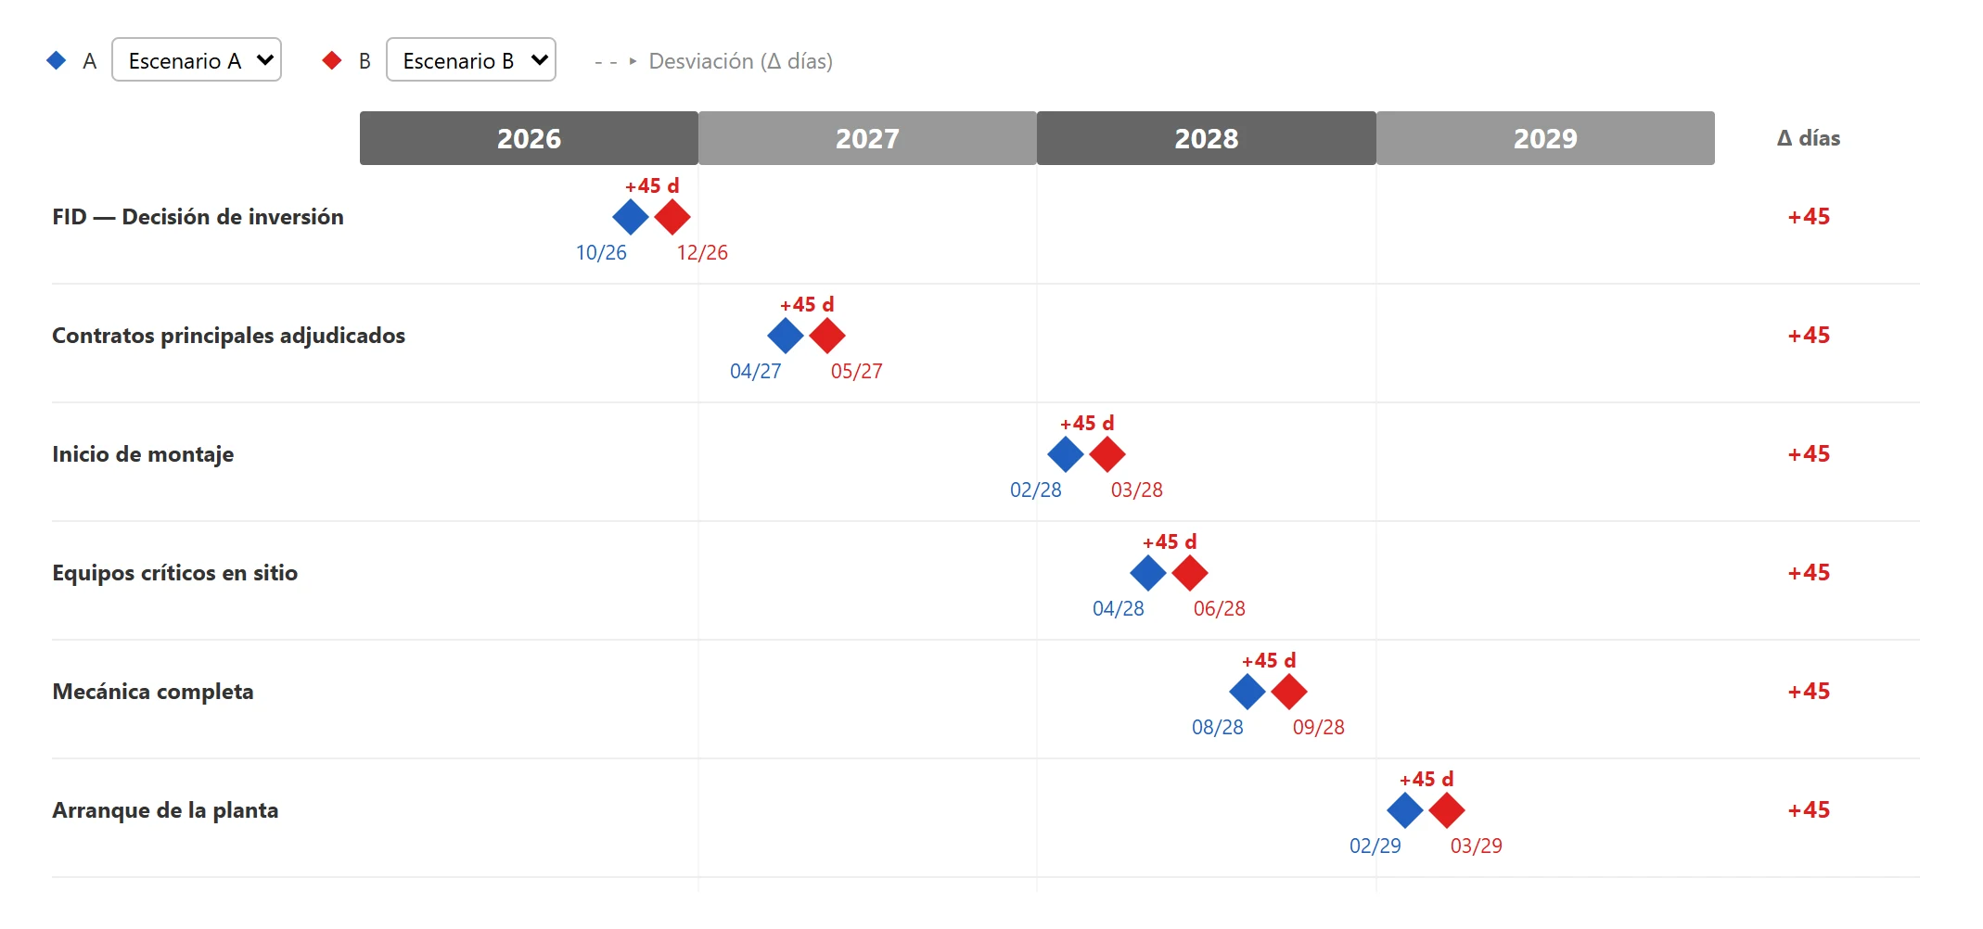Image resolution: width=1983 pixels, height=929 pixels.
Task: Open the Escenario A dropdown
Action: click(197, 60)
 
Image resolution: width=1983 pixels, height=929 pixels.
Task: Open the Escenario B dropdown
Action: click(471, 60)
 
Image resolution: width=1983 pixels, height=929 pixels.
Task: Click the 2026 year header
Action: click(529, 138)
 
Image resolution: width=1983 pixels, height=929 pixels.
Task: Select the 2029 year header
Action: click(1545, 138)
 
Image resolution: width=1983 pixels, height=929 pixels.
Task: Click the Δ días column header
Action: click(1809, 138)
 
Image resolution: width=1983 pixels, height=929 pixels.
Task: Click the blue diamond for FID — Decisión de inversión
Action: click(631, 217)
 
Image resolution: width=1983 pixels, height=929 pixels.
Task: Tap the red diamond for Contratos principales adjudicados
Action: click(827, 336)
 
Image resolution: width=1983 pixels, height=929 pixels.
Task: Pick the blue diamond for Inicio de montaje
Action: click(1066, 454)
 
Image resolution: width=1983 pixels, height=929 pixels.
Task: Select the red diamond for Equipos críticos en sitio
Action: click(1190, 573)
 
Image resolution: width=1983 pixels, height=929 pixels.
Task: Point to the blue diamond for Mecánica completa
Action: click(1247, 692)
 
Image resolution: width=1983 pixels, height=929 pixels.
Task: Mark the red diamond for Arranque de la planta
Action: click(1447, 810)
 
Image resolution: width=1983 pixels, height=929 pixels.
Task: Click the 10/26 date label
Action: click(601, 252)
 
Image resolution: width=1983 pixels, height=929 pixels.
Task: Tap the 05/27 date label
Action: click(857, 371)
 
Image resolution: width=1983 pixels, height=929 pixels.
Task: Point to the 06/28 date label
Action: click(1220, 608)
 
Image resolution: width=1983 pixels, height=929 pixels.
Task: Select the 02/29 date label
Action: click(1375, 846)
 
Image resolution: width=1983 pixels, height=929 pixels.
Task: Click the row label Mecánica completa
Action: click(153, 692)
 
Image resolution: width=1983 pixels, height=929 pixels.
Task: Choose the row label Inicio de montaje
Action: click(143, 454)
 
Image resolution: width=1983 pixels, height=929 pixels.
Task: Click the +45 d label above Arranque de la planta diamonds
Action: click(1426, 779)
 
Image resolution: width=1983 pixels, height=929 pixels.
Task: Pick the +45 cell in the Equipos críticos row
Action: click(1809, 573)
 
